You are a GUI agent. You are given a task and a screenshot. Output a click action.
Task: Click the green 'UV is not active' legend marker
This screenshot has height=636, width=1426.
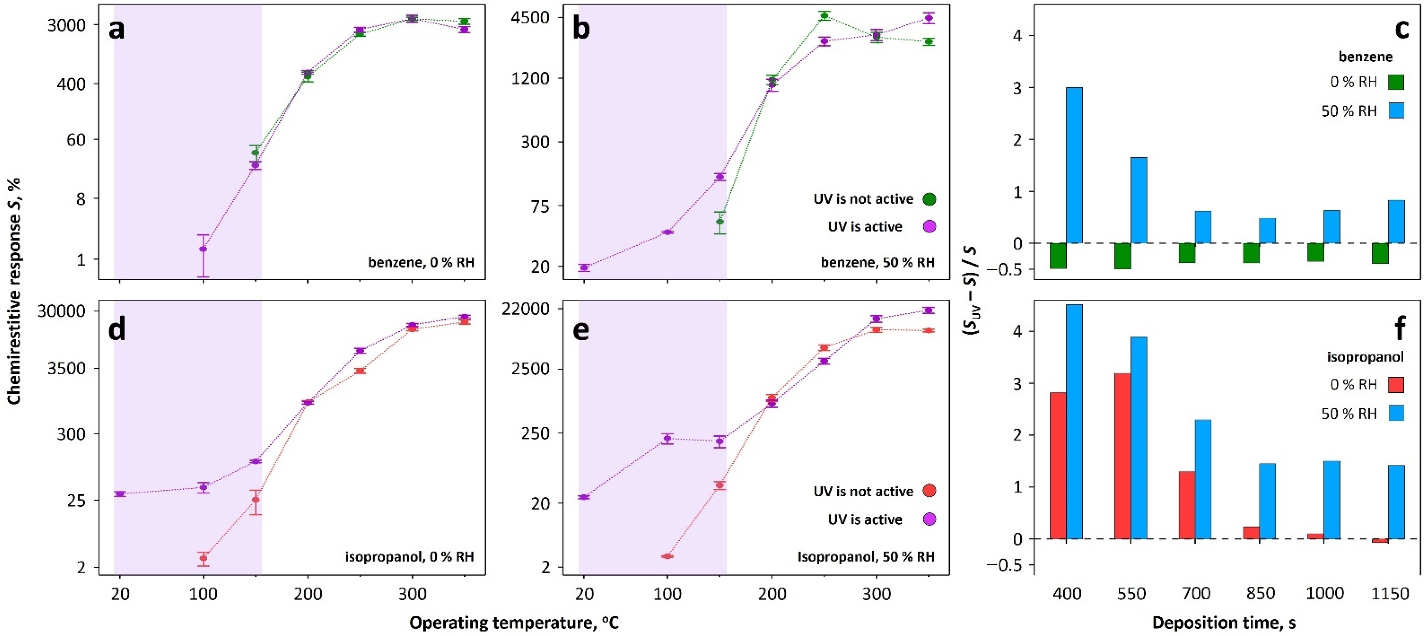coord(929,199)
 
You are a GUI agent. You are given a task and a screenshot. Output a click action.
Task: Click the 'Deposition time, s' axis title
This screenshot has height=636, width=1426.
coord(1224,623)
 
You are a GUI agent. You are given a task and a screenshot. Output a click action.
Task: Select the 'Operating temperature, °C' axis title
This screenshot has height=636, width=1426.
coord(514,623)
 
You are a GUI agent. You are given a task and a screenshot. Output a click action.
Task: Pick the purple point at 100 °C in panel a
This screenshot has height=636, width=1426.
coord(203,249)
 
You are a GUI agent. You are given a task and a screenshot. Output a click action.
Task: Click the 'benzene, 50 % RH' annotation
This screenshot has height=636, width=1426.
coord(877,262)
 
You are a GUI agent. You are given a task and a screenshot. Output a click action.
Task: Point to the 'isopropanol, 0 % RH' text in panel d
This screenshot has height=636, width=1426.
coord(410,556)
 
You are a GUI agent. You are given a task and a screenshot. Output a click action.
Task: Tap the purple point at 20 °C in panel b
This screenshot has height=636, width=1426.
coord(584,268)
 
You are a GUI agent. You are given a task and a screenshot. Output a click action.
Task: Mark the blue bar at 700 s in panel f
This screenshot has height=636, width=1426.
coord(1203,479)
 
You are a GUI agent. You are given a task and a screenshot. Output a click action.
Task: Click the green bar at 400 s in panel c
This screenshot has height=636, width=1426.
coord(1058,255)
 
